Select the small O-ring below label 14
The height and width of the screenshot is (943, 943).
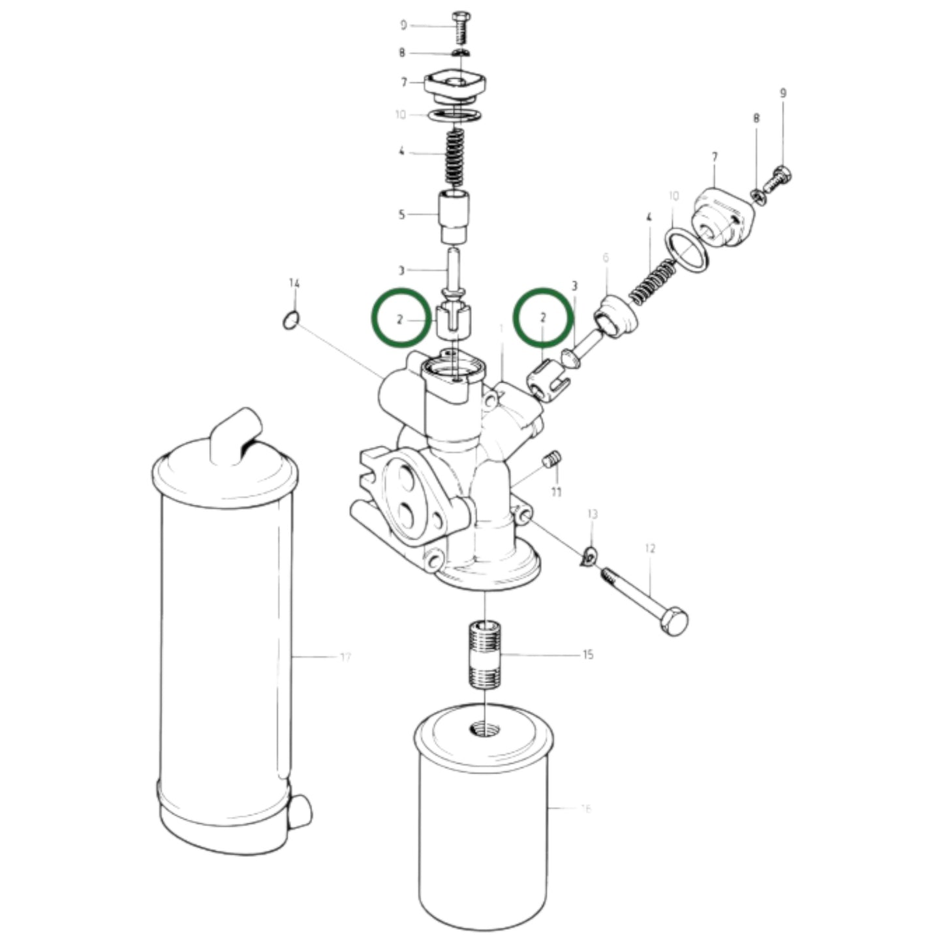[x=292, y=320]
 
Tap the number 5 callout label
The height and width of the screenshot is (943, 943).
[x=402, y=215]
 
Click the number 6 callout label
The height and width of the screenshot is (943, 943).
[x=606, y=258]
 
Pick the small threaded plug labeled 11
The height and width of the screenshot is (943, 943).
[x=552, y=460]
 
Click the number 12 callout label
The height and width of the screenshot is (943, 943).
[x=650, y=549]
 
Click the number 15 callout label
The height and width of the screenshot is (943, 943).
[x=588, y=655]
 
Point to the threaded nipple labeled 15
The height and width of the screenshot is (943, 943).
[x=485, y=655]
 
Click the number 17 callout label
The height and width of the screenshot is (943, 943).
[x=345, y=657]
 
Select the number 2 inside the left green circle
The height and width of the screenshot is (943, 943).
[x=400, y=319]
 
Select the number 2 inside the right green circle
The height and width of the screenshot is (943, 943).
[x=543, y=318]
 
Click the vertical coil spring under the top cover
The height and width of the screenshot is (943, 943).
[x=454, y=157]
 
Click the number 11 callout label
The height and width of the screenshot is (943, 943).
[x=556, y=492]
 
